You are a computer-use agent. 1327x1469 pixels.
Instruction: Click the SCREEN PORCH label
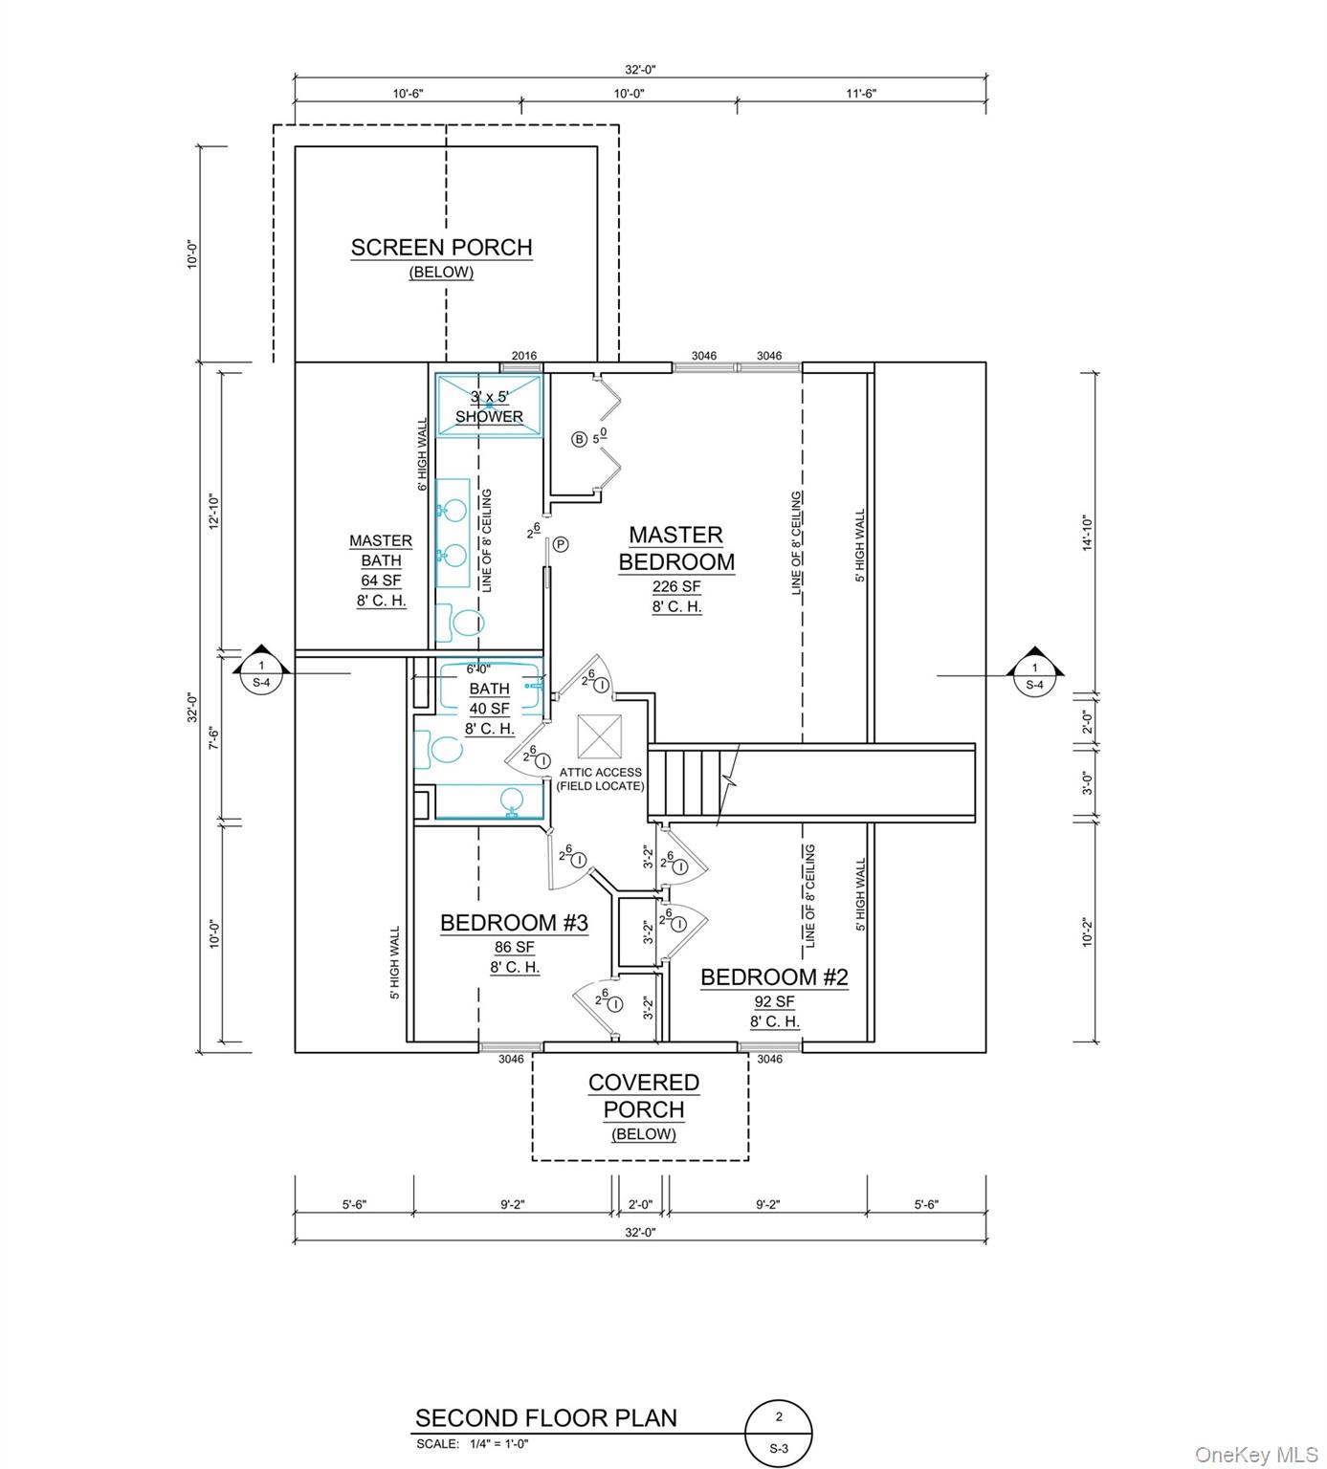tap(441, 248)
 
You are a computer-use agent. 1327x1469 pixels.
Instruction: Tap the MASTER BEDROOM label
tap(676, 548)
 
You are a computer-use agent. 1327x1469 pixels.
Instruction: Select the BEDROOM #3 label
tap(514, 923)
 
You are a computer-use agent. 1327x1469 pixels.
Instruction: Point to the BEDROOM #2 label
tap(774, 977)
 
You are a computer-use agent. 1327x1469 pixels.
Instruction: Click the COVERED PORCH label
tap(643, 1096)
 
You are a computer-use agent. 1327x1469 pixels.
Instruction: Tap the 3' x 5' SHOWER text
tap(489, 406)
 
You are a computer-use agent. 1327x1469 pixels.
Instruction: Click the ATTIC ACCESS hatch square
tap(600, 737)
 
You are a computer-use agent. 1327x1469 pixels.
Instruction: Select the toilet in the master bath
tap(462, 624)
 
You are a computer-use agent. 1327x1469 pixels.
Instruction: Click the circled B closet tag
tap(579, 440)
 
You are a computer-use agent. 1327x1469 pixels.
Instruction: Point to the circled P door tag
tap(561, 544)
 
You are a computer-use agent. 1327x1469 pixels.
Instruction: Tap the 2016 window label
tap(523, 356)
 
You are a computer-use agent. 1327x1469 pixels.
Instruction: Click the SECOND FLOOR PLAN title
tap(546, 1417)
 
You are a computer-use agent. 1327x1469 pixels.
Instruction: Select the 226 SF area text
tap(676, 586)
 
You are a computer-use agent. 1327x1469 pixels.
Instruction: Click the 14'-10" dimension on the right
tap(1086, 531)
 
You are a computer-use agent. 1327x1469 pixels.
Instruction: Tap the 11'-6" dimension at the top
tap(861, 94)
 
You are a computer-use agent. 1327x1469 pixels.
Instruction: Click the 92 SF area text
tap(774, 1002)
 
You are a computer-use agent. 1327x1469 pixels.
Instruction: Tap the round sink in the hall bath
tap(512, 800)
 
